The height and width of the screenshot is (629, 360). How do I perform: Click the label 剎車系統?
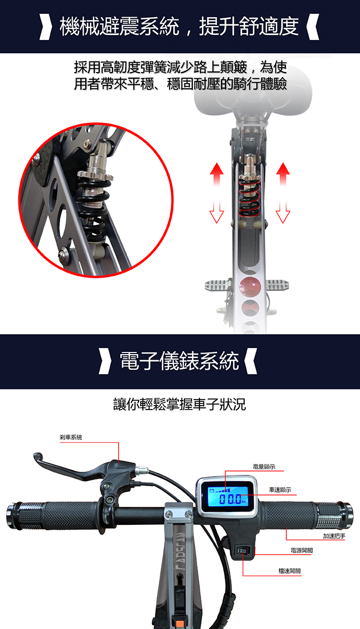coord(71,437)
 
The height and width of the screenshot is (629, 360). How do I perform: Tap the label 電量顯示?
coord(264,467)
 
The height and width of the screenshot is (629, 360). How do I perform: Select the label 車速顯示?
coord(280,490)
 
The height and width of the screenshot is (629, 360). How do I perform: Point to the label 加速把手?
coord(335,536)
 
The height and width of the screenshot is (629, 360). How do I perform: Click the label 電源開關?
coord(301,550)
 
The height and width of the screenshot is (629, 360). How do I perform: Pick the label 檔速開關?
coord(290,570)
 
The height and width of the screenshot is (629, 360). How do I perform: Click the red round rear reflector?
coord(250,287)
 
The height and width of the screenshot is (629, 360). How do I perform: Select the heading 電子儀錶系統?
coord(179,361)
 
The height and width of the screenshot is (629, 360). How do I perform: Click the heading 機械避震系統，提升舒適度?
coord(179,27)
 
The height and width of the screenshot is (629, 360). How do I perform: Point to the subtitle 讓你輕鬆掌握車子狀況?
coord(179,405)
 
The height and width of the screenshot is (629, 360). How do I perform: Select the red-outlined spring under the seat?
coord(249,196)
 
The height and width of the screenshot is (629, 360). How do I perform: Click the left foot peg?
coord(218,285)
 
